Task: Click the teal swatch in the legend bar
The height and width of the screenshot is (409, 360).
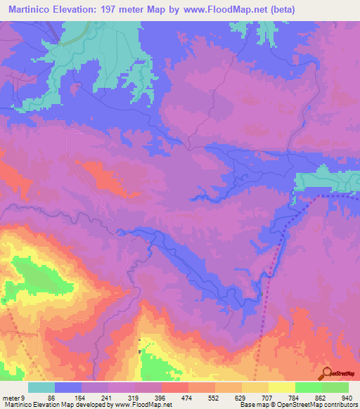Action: click(41, 387)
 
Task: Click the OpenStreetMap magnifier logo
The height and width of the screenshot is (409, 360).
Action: click(326, 373)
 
